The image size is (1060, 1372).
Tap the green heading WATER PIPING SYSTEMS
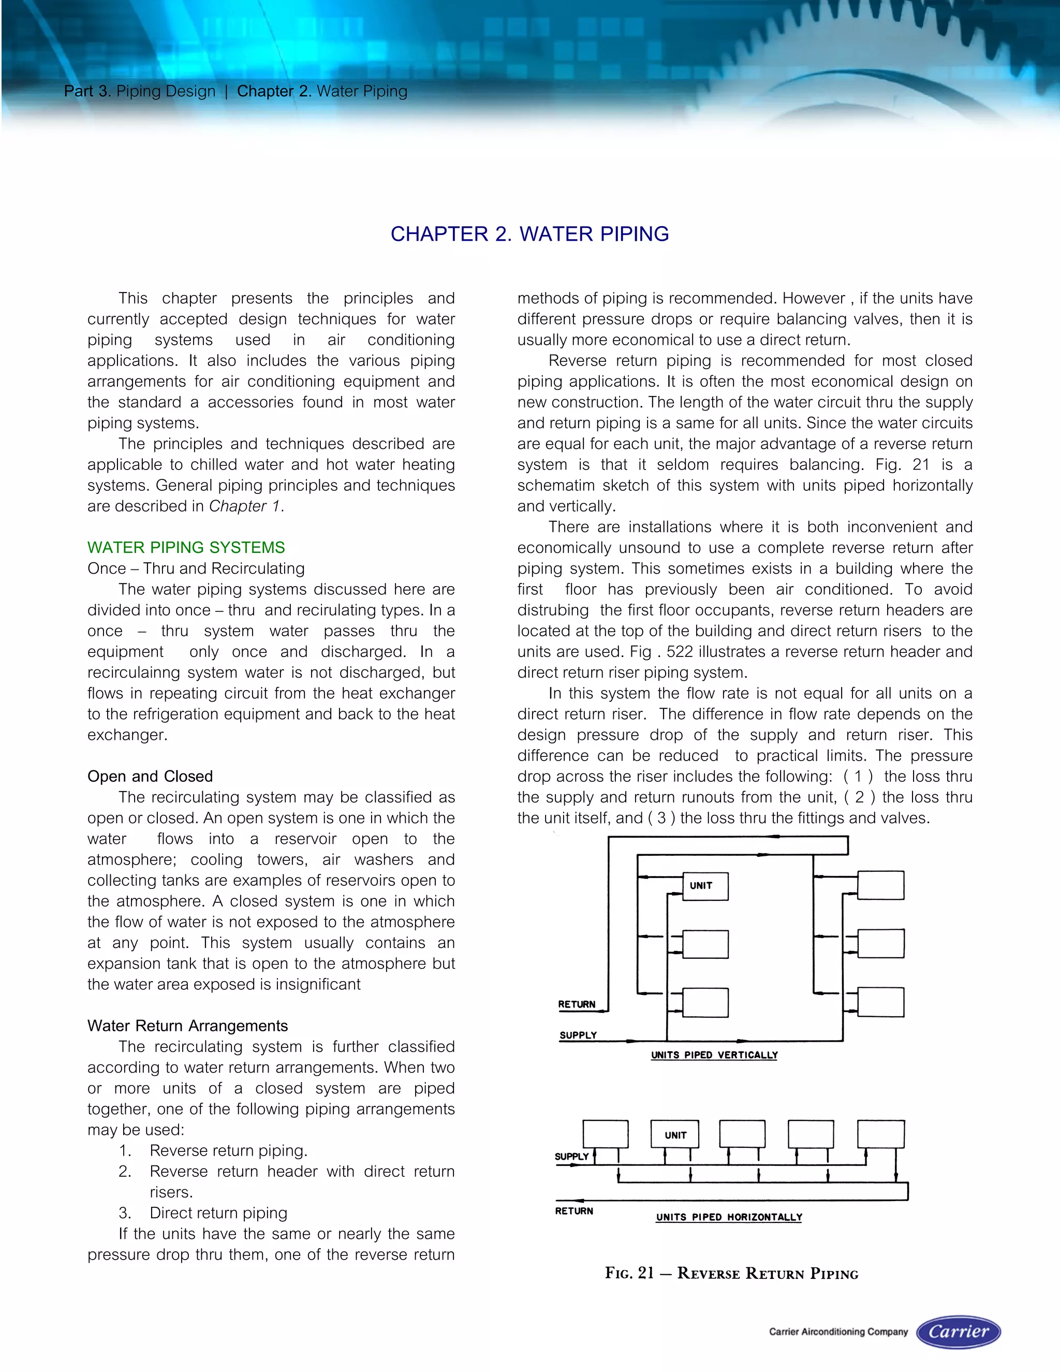(186, 547)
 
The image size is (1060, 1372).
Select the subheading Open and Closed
(150, 776)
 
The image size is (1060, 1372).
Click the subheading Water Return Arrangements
(187, 1025)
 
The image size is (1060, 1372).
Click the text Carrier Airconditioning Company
(838, 1332)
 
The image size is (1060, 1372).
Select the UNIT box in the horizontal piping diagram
(675, 1134)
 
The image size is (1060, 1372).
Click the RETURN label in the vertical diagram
(577, 1004)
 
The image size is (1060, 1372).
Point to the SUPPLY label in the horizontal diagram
(571, 1156)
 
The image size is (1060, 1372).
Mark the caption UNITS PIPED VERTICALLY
(714, 1055)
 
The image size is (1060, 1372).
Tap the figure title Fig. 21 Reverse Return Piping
(731, 1274)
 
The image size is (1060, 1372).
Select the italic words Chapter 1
(247, 506)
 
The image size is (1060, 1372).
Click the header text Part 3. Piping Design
(139, 91)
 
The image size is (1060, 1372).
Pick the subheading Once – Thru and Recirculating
(196, 568)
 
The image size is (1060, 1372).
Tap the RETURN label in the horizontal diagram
(574, 1210)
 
